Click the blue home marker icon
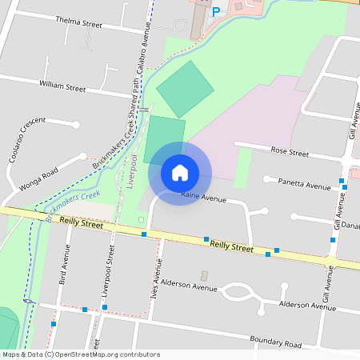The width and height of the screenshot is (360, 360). (180, 173)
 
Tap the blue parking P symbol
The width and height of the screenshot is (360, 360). (215, 11)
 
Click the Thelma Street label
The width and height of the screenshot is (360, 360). (78, 22)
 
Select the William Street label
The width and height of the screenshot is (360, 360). (62, 86)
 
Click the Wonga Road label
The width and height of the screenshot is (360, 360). (39, 179)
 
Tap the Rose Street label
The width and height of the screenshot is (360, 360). (290, 150)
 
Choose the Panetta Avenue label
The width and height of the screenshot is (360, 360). (303, 185)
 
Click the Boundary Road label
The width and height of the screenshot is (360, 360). (274, 343)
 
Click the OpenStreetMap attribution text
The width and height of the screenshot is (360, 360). (81, 354)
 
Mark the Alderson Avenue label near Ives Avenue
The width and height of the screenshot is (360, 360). (189, 286)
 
